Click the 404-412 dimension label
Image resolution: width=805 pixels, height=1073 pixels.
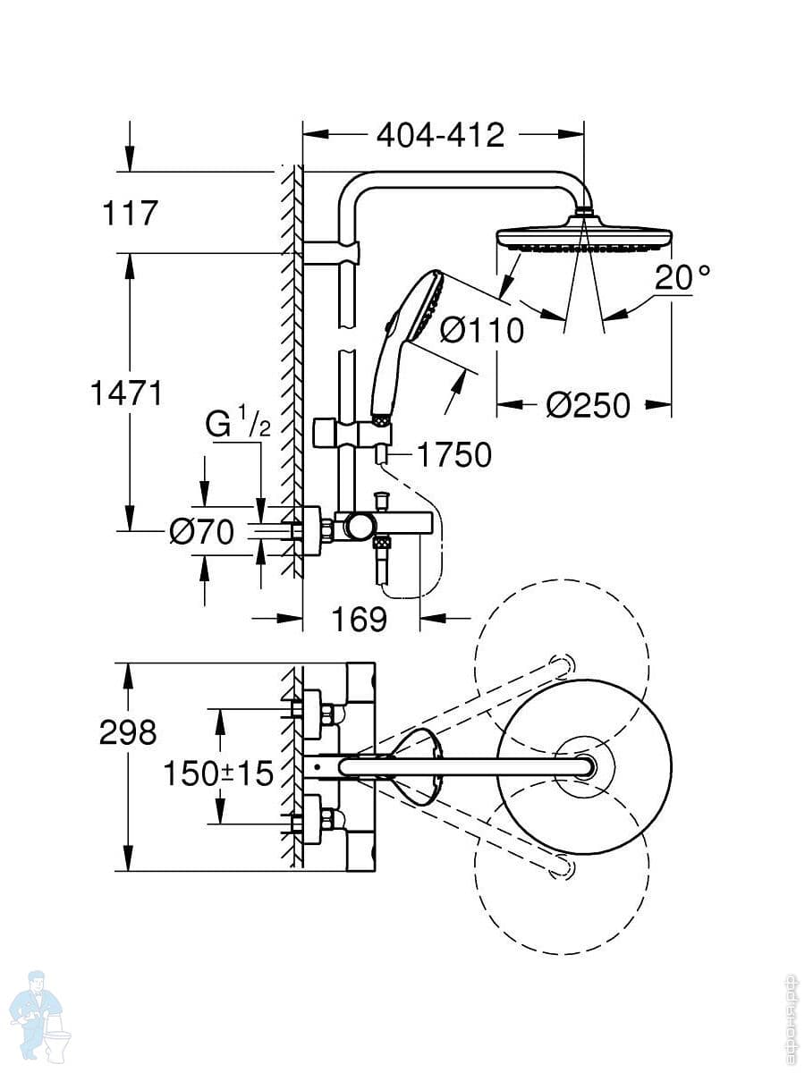(440, 135)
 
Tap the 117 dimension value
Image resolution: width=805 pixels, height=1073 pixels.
(131, 214)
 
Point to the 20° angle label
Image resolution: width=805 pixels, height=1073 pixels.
(683, 277)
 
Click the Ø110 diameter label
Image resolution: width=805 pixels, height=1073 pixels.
(482, 331)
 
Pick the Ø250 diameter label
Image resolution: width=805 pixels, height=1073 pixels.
(588, 406)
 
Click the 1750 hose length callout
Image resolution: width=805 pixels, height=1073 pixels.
(453, 455)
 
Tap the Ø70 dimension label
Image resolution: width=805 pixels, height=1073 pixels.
(201, 533)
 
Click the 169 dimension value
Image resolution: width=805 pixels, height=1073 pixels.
(360, 619)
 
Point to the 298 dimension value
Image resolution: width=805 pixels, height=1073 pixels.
(129, 732)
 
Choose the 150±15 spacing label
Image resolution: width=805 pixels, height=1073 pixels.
(218, 773)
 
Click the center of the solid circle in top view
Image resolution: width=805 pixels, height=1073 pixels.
(584, 766)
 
